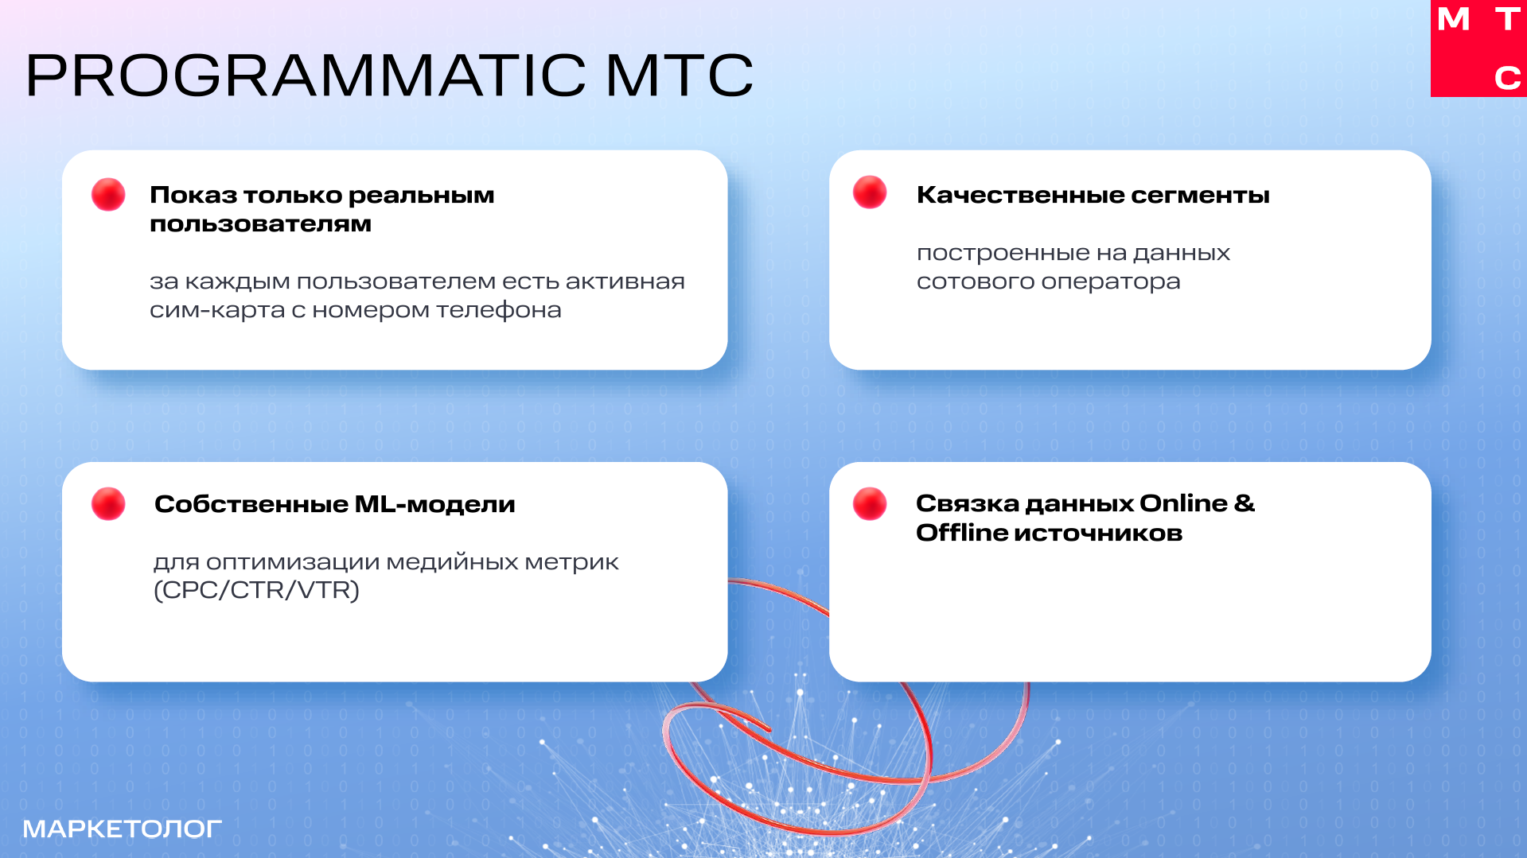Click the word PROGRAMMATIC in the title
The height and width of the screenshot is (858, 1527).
tap(306, 76)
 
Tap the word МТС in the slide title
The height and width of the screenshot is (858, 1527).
tap(680, 76)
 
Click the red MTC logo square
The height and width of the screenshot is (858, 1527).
tap(1478, 49)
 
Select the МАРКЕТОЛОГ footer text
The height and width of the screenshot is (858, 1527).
tap(122, 829)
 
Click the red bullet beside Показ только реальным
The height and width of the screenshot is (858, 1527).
tap(108, 194)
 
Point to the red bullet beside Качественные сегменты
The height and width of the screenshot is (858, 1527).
tap(870, 192)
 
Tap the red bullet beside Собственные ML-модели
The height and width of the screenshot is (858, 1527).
tap(108, 504)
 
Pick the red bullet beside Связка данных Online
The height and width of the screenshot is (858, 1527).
tap(870, 504)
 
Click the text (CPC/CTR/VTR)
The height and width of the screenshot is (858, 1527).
tap(256, 591)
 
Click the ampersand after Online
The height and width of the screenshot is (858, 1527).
tap(1245, 503)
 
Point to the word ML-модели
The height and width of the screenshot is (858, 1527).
tap(435, 504)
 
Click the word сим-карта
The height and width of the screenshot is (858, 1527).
tap(217, 310)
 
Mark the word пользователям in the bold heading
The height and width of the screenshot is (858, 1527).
tap(260, 224)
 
